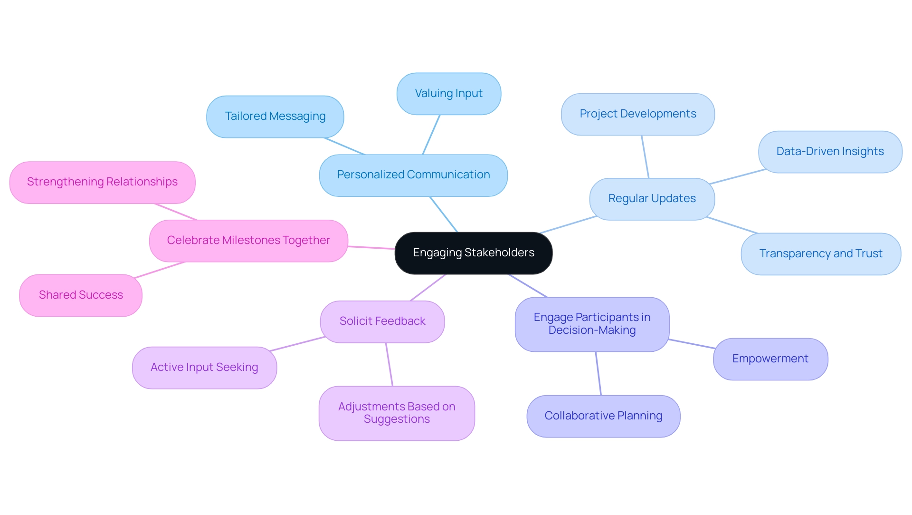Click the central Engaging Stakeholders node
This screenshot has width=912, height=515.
coord(473,253)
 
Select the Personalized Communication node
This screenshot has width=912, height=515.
coord(413,175)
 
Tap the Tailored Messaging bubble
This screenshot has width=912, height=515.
coord(275,117)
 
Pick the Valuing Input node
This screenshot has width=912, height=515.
coord(448,94)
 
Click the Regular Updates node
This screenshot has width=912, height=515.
coord(652,199)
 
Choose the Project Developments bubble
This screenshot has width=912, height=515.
coord(637,114)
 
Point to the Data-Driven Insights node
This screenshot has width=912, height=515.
coord(830,152)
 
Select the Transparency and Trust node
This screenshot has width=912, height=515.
coord(820,254)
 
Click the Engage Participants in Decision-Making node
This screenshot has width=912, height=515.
coord(592,324)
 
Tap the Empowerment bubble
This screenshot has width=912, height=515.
coord(770,359)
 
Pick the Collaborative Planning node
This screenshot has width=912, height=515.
coord(603,416)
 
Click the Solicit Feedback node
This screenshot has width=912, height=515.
coord(382,321)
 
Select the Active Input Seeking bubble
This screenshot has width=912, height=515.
coord(204,368)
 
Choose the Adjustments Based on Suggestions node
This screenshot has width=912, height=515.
coord(397,413)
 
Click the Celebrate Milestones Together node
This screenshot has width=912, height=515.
coord(248,241)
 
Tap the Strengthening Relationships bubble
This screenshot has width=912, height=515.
coord(102,182)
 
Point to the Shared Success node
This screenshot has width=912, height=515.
coord(81,295)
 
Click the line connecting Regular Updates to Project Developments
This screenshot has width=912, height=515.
coord(645,157)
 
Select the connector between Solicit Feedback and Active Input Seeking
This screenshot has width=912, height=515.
coord(297,344)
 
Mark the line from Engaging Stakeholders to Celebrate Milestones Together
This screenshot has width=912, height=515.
coord(371,247)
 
